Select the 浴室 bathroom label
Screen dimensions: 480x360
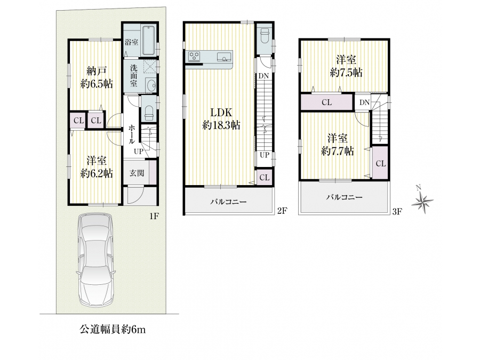coord(132,42)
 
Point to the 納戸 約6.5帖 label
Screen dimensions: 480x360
coord(96,78)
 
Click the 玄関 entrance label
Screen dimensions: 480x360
coord(137,173)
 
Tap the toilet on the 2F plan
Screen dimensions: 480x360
coord(263,36)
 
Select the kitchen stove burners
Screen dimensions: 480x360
coord(194,57)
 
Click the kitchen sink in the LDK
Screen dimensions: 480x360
coord(225,57)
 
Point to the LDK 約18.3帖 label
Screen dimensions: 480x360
coord(221,119)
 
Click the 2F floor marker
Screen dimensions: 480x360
coord(282,211)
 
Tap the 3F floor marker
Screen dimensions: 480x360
coord(397,211)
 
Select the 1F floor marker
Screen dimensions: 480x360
coord(154,216)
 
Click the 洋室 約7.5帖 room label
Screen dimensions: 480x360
coord(346,66)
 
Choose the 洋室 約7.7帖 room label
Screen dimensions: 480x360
coord(338,145)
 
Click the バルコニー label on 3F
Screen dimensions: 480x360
coord(344,197)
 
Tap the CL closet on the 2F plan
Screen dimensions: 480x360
coord(265,177)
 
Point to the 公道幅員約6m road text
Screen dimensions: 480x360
coord(113,330)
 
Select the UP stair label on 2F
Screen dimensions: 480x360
coord(265,155)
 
